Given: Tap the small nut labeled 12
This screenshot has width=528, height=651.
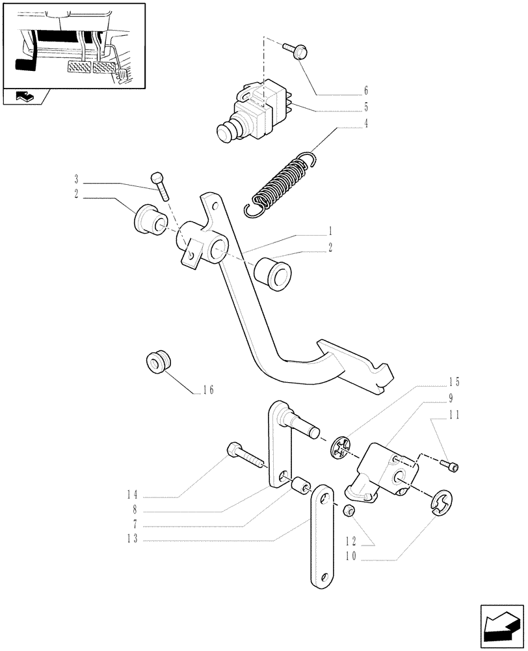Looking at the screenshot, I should click(349, 510).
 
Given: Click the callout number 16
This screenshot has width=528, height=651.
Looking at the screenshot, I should click(207, 391).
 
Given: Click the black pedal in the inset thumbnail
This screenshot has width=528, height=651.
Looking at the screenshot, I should click(24, 66).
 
